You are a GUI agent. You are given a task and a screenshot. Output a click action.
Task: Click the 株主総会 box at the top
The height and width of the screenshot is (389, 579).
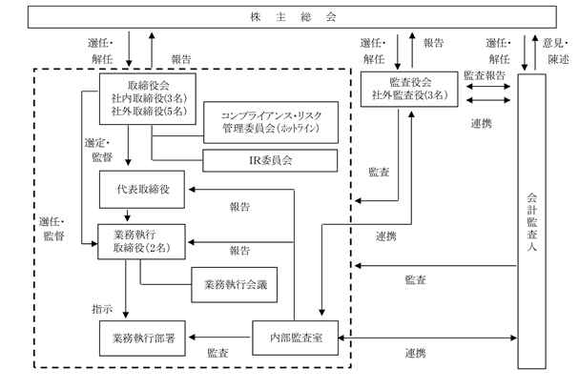(x=292, y=16)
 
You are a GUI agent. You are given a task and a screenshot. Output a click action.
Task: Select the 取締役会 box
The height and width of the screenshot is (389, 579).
(x=148, y=98)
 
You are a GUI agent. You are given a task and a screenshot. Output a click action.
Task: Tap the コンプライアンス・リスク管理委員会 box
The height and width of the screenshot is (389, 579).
(x=271, y=122)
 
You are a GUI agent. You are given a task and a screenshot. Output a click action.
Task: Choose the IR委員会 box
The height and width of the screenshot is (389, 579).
(x=270, y=160)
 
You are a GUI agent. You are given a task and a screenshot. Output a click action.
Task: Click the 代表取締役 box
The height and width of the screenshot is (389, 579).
(x=142, y=190)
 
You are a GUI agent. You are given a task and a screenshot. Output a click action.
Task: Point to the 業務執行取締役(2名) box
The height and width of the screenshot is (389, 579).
(x=141, y=241)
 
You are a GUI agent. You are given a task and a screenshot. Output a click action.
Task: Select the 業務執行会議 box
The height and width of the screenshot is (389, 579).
(x=234, y=284)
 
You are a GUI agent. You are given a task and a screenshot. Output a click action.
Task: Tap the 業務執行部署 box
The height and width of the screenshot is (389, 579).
(x=142, y=338)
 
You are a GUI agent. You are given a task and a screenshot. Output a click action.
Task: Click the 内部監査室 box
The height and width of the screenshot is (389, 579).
(x=295, y=338)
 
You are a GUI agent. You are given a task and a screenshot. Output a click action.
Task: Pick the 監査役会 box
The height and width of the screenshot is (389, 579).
(x=409, y=89)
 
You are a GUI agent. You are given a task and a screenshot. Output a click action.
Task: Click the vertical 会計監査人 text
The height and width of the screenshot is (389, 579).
(x=531, y=222)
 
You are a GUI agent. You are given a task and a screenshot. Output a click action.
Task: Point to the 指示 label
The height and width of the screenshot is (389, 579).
(x=102, y=309)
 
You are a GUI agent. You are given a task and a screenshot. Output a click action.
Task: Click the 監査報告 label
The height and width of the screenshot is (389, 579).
(x=485, y=75)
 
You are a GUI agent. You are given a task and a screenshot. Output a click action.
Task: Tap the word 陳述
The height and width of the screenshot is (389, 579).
(x=558, y=59)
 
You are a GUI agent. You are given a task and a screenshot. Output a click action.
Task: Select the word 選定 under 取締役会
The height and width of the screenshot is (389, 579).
(x=94, y=143)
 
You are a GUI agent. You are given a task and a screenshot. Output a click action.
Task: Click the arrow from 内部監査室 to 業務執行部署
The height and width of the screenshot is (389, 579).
(x=219, y=337)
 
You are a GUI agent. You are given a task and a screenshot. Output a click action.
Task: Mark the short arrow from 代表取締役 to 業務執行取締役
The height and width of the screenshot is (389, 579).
(x=128, y=215)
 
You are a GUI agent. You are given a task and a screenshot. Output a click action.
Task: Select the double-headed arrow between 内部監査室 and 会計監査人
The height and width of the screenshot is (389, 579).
(x=427, y=338)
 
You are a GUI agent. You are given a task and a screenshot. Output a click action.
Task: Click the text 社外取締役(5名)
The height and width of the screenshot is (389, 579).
(x=149, y=112)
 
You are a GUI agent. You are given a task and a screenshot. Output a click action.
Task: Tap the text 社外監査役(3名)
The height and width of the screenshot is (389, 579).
(x=409, y=95)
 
